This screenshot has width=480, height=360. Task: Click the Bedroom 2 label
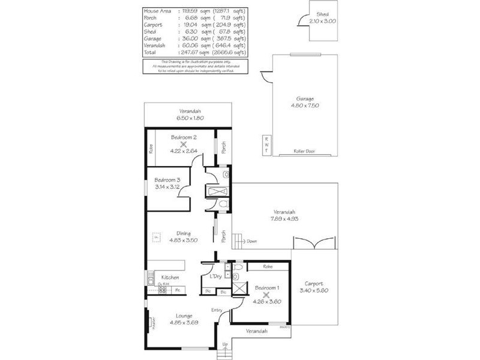[x=184, y=137]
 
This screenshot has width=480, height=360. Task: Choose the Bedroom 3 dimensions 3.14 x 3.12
[x=168, y=187]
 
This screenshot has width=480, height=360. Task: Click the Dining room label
[x=184, y=233]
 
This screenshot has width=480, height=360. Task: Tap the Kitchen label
[x=170, y=278]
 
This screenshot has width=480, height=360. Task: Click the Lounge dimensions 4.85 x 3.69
[x=184, y=322]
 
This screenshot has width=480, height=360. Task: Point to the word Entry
[x=217, y=310]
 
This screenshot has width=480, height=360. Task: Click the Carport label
[x=313, y=284]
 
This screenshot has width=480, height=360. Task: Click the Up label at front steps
[x=225, y=344]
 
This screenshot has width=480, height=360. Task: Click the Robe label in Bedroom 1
[x=268, y=266]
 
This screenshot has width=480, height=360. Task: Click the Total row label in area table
[x=150, y=52]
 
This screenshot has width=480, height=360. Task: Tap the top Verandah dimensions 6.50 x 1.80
[x=188, y=118]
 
